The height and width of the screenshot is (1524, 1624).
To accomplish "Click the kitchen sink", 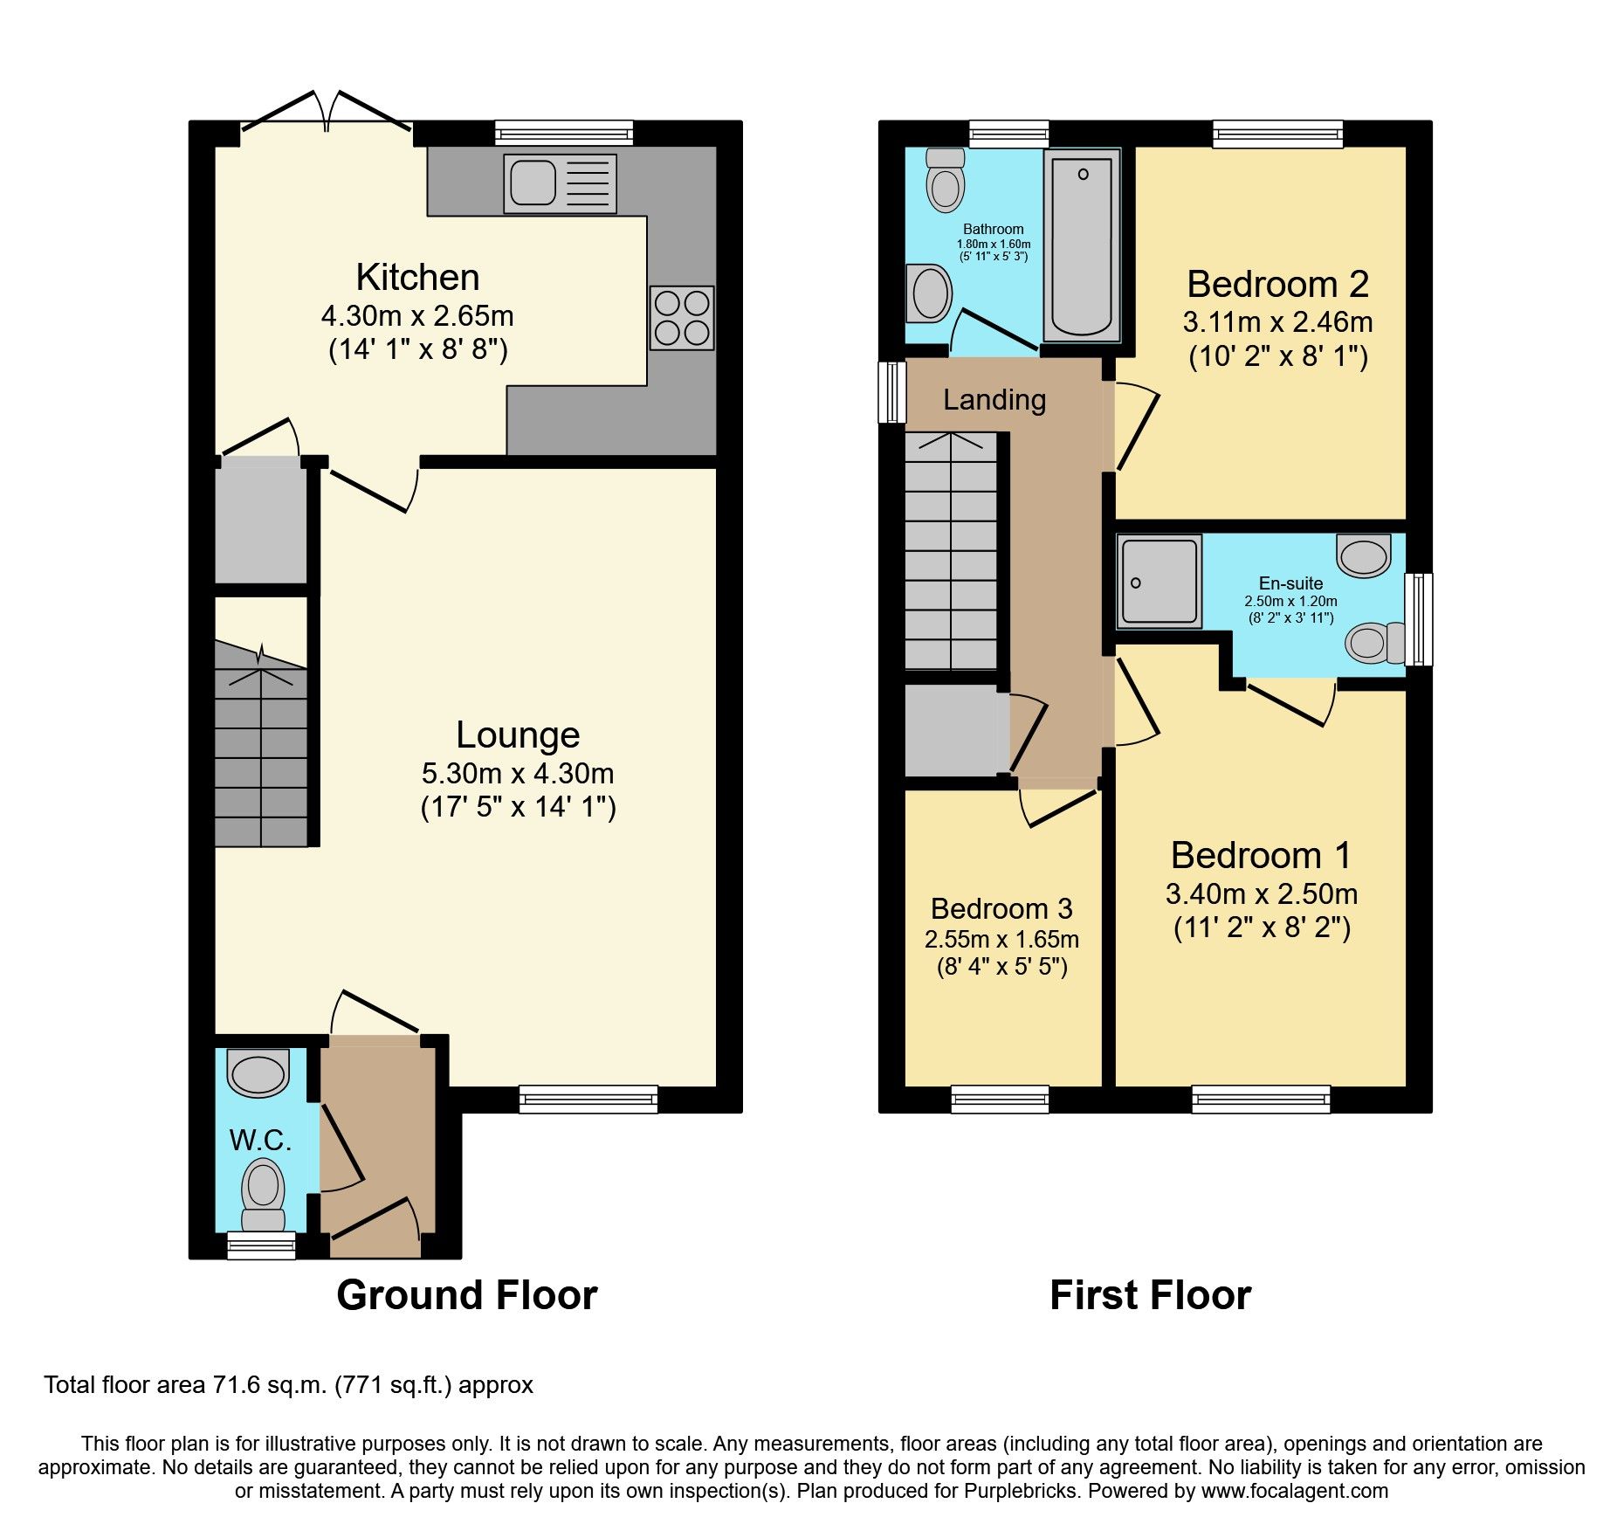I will [x=560, y=183].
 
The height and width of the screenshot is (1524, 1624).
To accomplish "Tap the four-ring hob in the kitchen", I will [x=682, y=318].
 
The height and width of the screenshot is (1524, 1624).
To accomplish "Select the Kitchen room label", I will [x=417, y=278].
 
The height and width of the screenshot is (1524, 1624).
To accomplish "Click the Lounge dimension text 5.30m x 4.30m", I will [x=518, y=773].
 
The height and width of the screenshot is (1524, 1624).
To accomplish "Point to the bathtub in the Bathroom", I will [x=1082, y=245].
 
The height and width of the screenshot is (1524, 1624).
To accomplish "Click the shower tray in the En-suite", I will [x=1160, y=582].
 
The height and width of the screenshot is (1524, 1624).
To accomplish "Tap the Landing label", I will [x=994, y=400].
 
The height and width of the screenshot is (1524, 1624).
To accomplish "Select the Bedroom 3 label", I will [x=1001, y=908].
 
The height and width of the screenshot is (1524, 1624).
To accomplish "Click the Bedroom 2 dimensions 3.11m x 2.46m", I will [x=1277, y=322].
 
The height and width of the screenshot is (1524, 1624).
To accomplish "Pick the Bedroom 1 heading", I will [x=1260, y=855].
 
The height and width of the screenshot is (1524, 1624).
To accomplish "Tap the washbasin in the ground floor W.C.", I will [x=258, y=1072].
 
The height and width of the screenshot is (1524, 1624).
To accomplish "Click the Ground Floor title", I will [x=466, y=1295].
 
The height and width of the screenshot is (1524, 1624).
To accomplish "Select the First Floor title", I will [x=1150, y=1295].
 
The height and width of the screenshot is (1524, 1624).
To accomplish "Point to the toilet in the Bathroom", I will [x=945, y=181].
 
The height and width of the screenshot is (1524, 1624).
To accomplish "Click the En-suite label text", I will [x=1290, y=583].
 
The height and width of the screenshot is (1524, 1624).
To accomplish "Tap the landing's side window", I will [x=892, y=392].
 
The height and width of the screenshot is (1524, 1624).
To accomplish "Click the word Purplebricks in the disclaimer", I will [x=1020, y=1491].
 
